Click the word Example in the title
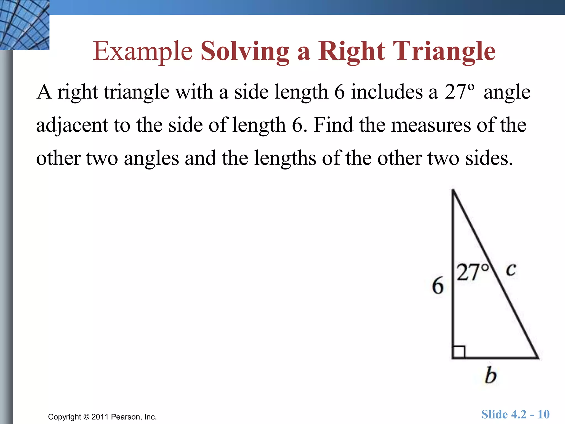point(143,52)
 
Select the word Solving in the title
point(245,52)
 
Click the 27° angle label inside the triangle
point(472,272)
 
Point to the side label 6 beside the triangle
point(438,285)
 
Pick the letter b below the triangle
point(491,375)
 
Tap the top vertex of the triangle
point(453,190)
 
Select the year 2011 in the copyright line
point(100,417)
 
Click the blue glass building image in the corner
point(25,25)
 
